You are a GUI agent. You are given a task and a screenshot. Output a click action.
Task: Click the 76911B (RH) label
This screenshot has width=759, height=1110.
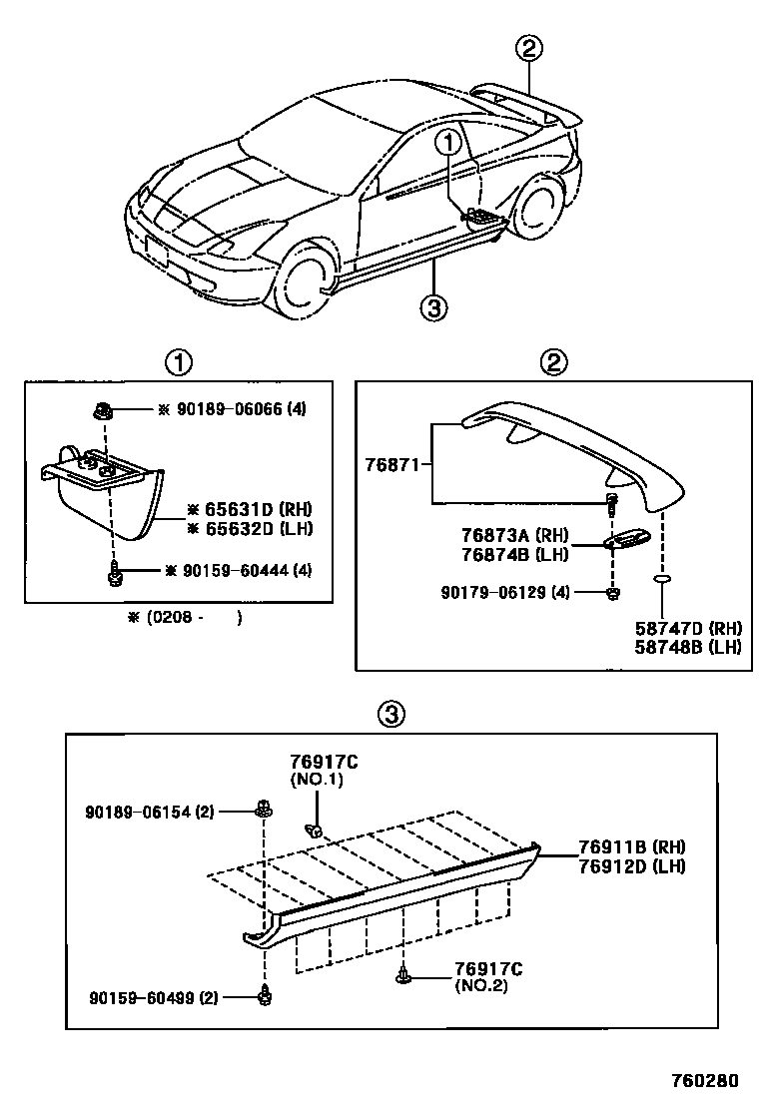pos(631,847)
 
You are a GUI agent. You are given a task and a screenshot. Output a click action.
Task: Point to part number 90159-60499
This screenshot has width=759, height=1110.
pos(138,996)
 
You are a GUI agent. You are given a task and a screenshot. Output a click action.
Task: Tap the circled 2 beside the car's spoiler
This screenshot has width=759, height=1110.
pos(530,47)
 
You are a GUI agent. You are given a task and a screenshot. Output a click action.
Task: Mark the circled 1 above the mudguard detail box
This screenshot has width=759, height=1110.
pos(179,361)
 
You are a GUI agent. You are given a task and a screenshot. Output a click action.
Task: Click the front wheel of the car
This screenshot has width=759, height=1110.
pos(306,280)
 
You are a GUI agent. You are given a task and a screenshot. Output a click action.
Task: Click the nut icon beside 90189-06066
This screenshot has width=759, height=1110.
pos(105,409)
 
